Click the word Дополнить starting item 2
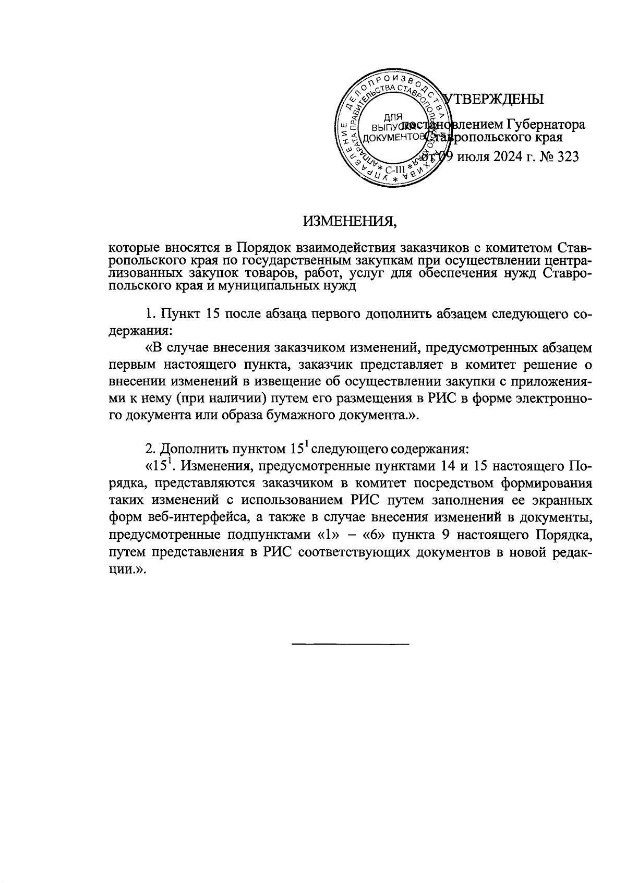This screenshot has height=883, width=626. pos(194,449)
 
